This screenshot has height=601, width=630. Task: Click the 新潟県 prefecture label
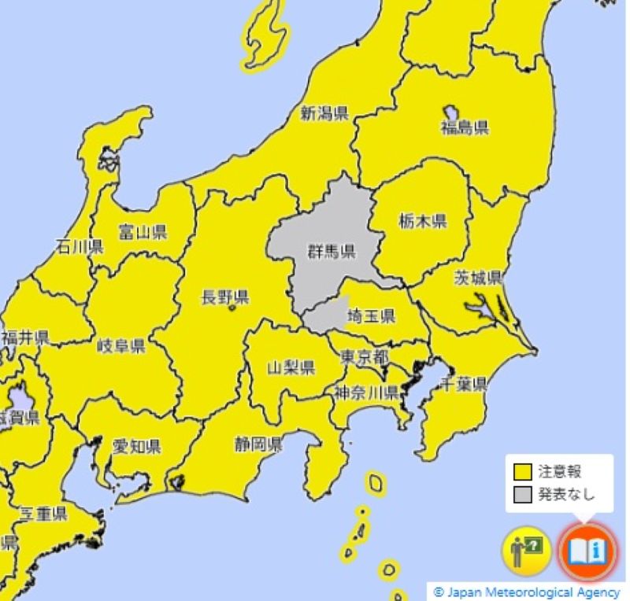[324, 113]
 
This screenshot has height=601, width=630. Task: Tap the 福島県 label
[465, 128]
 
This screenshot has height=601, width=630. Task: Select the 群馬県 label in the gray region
[331, 252]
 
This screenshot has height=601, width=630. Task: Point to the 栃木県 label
[422, 221]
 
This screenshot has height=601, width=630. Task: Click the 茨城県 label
[478, 278]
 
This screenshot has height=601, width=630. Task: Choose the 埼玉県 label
[371, 317]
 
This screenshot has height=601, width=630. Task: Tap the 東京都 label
[364, 356]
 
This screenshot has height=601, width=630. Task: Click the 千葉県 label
[463, 384]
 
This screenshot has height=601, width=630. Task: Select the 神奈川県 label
[365, 392]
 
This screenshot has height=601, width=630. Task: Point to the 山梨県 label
[291, 367]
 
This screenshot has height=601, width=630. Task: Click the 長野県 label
[225, 297]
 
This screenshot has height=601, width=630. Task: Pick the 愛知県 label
[136, 447]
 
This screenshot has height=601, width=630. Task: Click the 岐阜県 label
[120, 346]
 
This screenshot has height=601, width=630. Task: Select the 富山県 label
[143, 231]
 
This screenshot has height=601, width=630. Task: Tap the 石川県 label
[80, 247]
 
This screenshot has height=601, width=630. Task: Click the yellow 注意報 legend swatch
[522, 472]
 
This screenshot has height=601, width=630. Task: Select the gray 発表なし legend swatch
[522, 494]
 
